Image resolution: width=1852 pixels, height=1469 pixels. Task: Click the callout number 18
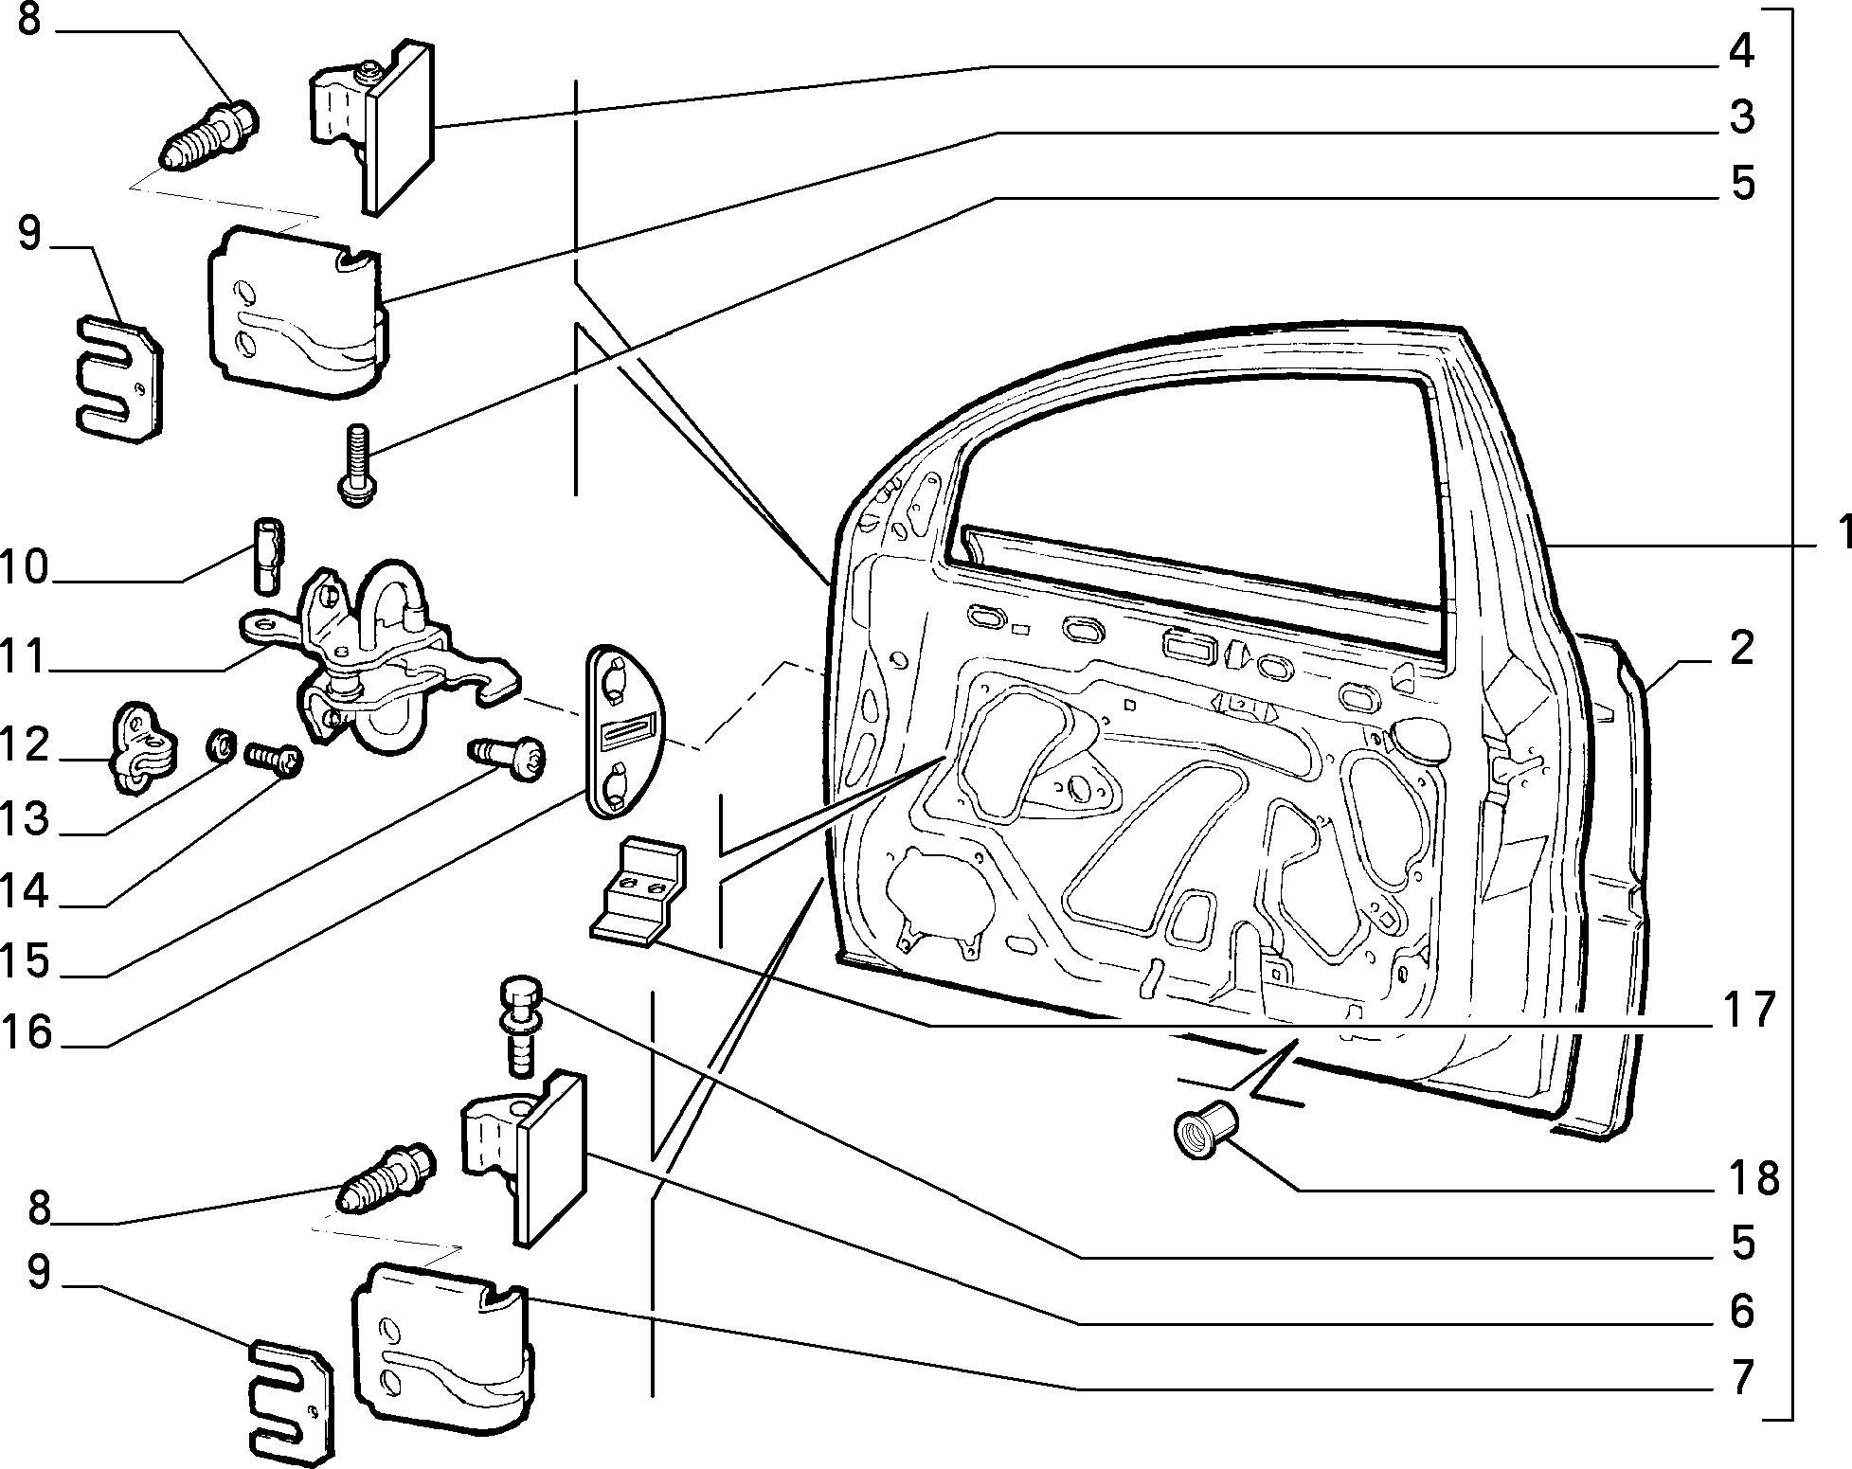coord(1751,1179)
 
